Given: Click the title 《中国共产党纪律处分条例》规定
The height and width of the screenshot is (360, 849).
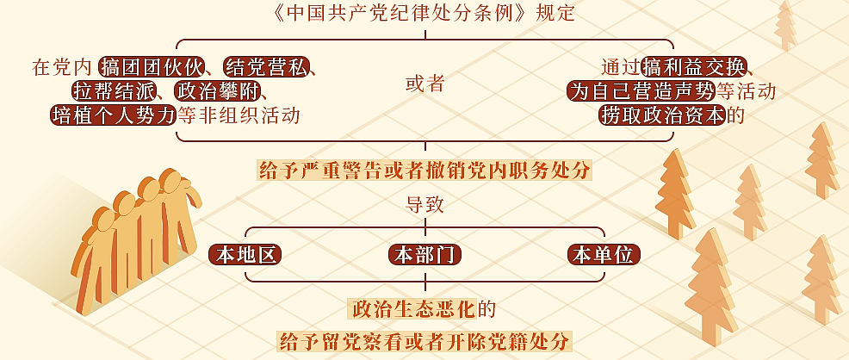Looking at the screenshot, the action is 424,13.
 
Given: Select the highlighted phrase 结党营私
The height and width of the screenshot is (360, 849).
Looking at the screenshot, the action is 265,68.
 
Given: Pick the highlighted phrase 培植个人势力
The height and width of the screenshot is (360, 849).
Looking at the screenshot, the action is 114,115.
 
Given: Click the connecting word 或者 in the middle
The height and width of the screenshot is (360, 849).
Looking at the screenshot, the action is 425,84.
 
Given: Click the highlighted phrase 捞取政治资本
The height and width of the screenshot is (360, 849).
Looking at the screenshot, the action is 662,115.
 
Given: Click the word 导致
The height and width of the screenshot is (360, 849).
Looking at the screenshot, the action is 425,205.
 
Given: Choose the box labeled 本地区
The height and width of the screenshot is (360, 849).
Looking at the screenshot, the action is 245,255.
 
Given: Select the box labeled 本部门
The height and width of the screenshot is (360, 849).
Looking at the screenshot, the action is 425,255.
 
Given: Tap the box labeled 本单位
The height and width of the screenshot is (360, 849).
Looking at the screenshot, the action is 604,255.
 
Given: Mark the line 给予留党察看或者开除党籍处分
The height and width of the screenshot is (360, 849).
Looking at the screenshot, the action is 424,341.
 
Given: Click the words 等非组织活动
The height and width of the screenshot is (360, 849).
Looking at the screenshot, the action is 239,115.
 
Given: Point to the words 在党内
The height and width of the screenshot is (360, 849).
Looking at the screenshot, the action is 63,68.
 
